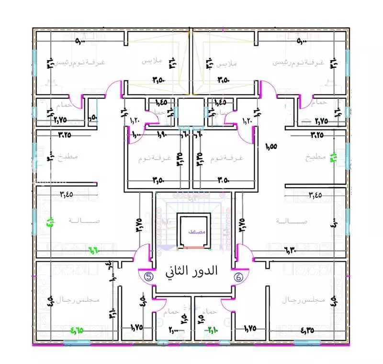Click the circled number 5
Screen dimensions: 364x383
(x=148, y=276)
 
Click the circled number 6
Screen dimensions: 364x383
(x=238, y=276)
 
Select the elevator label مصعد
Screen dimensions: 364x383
(x=195, y=231)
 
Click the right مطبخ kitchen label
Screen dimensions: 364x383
(x=316, y=157)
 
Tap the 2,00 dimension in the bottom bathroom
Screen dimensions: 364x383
(x=173, y=329)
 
